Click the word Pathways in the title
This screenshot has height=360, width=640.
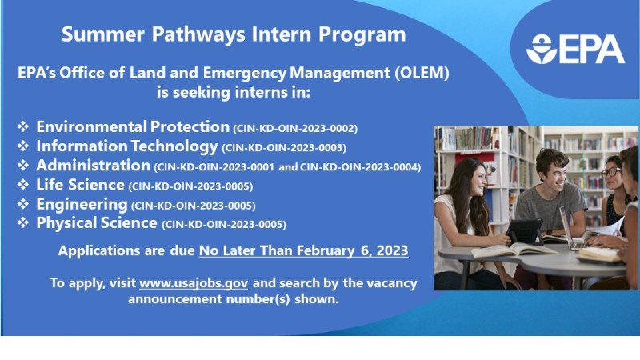[198, 34]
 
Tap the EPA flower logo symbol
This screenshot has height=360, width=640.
[542, 49]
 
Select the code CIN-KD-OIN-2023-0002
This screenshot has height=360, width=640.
[295, 129]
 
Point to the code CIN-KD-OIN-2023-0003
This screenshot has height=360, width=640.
[284, 148]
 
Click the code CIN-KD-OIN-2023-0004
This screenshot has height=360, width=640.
[361, 167]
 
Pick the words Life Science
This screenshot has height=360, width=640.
[80, 185]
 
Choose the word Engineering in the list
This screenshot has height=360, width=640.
[82, 205]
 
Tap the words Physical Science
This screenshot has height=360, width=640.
[97, 223]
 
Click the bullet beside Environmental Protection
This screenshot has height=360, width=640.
[23, 126]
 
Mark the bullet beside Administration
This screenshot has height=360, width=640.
[23, 166]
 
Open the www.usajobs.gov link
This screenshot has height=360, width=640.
[194, 283]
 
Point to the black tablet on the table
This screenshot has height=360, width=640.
[525, 232]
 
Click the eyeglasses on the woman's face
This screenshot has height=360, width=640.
[611, 172]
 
